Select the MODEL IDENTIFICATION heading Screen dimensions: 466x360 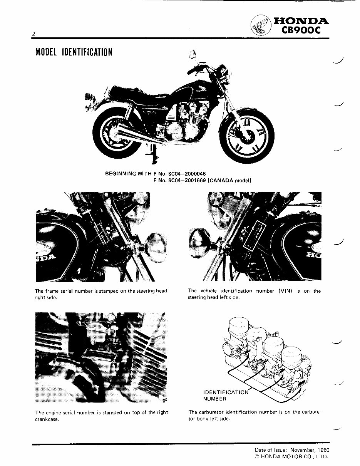click(x=74, y=52)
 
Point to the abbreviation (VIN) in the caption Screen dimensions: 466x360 click(x=286, y=291)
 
